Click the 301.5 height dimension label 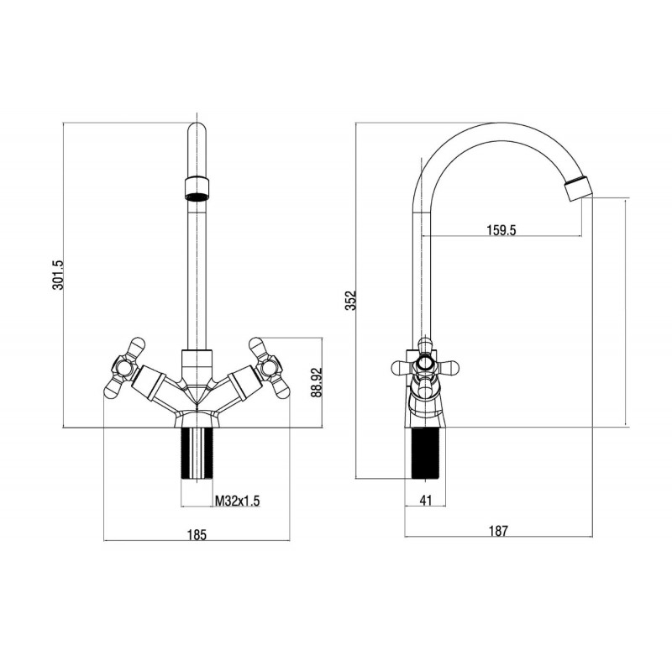point(58,275)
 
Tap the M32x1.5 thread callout point(238,501)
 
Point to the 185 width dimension point(197,534)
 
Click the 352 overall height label point(351,301)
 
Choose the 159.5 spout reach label point(501,230)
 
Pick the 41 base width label point(426,500)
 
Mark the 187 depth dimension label point(498,531)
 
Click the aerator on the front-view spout point(197,188)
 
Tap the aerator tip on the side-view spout point(579,187)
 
